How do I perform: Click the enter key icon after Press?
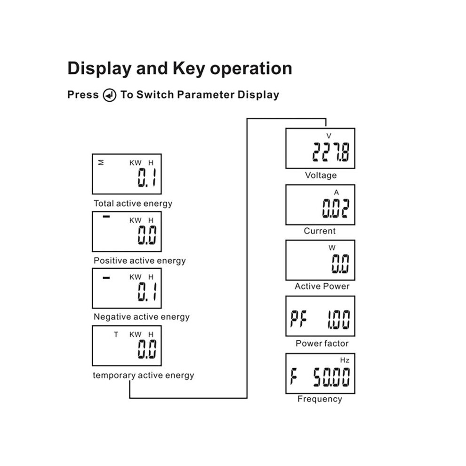point(109,95)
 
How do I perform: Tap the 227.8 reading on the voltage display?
point(331,152)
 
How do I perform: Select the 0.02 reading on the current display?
point(336,208)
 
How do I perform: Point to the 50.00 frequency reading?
point(331,377)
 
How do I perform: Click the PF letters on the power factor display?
point(298,319)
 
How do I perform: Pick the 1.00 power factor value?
point(338,319)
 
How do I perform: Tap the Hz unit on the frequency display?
point(345,360)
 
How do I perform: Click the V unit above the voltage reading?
point(329,136)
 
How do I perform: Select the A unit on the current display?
point(336,193)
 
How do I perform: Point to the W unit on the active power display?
point(332,248)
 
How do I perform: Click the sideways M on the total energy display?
point(101,162)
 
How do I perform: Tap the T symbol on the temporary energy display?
point(116,335)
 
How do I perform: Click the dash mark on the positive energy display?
point(106,217)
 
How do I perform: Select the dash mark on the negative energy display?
point(106,278)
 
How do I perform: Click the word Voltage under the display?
point(321,176)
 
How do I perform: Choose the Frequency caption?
point(320,399)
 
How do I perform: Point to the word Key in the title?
point(189,69)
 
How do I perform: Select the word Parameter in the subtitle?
point(206,95)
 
